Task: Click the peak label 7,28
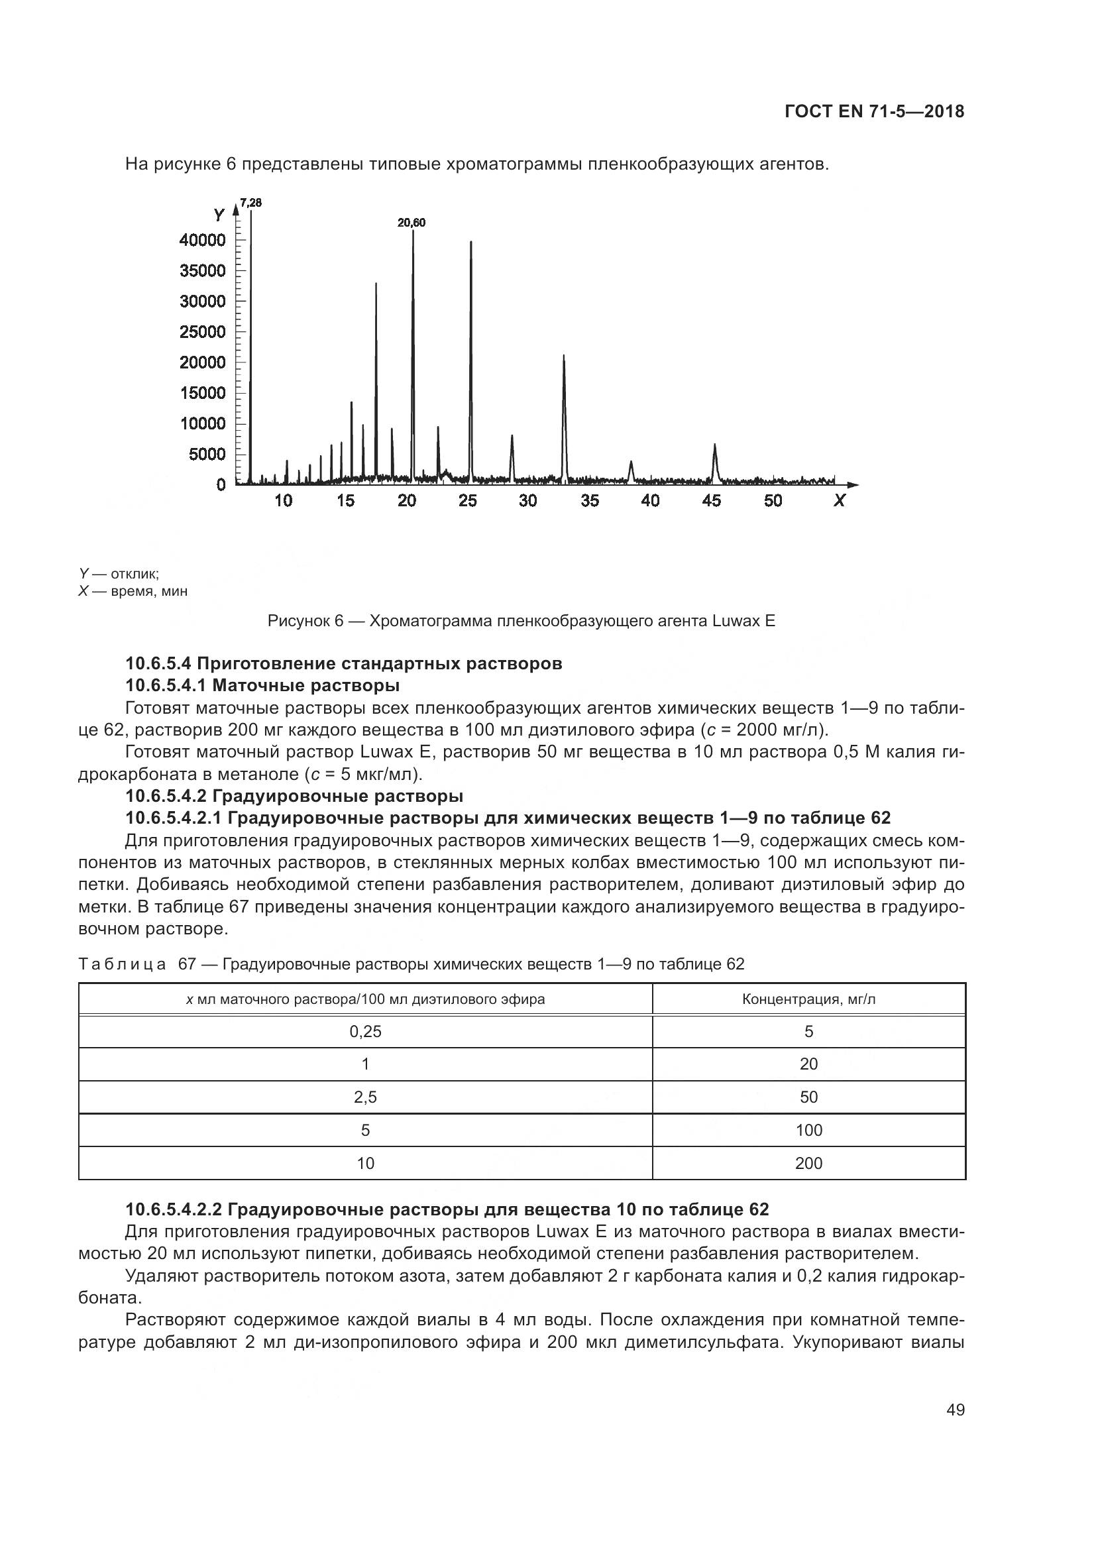tap(250, 203)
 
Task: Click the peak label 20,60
tap(411, 223)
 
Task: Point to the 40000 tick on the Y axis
tap(203, 241)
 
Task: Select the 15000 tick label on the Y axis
tap(203, 393)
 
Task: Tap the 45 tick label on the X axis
tap(711, 501)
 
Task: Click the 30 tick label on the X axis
tap(527, 501)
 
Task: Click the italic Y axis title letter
tap(219, 215)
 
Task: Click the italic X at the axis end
tap(839, 501)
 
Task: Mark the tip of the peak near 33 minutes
tap(563, 356)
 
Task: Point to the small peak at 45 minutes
tap(715, 445)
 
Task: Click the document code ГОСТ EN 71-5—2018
tap(875, 112)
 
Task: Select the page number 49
tap(955, 1410)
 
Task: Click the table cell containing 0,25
tap(365, 1032)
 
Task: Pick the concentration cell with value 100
tap(808, 1130)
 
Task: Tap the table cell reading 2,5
tap(365, 1097)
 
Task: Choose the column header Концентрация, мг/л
tap(808, 999)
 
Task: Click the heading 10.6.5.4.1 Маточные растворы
tap(262, 686)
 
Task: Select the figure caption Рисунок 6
tap(521, 621)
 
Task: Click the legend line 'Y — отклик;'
tap(119, 574)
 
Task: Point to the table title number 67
tap(187, 964)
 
